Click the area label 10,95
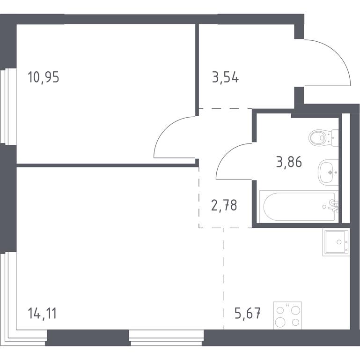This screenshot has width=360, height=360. point(44,77)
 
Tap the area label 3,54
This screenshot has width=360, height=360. point(226,77)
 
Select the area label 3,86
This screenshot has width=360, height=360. point(289,162)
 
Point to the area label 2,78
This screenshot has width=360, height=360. point(224,205)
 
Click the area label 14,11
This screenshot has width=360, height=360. point(42,313)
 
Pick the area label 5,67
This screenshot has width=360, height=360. point(248,313)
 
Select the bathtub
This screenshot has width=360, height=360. point(299,206)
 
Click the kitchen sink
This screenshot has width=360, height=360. point(336,242)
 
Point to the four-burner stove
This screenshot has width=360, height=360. point(287,315)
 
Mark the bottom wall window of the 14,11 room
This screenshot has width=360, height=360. point(166,337)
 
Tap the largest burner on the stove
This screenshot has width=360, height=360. point(280,322)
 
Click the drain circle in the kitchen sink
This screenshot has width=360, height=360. point(339,242)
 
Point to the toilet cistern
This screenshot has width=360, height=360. point(335,138)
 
